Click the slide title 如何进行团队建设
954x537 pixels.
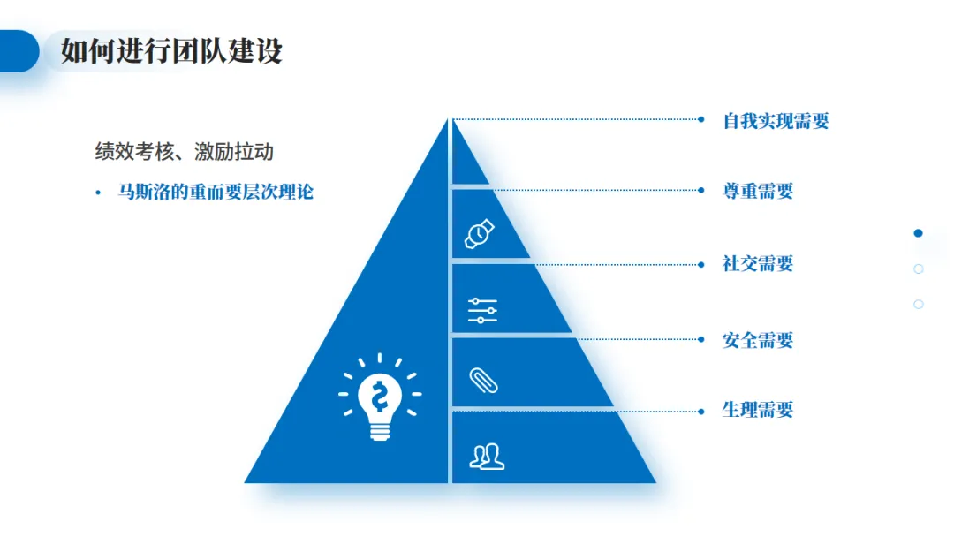171,51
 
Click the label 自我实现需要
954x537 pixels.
776,121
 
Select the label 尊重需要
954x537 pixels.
758,191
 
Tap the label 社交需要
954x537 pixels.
758,263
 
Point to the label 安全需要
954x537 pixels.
758,340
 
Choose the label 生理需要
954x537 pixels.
758,410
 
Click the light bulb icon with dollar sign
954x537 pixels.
380,397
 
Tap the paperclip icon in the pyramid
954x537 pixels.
483,380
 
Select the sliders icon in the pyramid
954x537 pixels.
482,311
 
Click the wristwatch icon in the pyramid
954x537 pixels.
480,234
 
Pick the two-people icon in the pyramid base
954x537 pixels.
487,456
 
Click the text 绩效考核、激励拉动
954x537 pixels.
185,152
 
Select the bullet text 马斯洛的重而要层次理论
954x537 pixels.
216,192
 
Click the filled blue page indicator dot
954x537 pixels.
918,233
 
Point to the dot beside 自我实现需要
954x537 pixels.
701,119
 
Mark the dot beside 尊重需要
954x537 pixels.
701,189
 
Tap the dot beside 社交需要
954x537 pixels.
701,263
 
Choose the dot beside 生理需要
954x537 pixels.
701,410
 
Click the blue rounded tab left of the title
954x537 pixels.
18,51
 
